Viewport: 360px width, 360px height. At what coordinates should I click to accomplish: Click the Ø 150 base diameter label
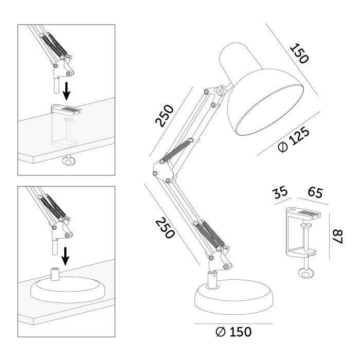[x=233, y=332]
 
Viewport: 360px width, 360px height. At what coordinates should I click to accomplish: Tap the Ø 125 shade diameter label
[x=294, y=140]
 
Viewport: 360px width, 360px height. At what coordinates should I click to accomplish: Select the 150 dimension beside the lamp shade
[x=299, y=53]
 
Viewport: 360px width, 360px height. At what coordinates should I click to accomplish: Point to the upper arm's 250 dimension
[x=165, y=116]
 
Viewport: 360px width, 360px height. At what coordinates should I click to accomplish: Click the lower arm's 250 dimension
[x=165, y=228]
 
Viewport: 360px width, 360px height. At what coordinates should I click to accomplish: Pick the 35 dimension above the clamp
[x=280, y=192]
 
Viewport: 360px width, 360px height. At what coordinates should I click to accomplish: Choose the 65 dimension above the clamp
[x=315, y=192]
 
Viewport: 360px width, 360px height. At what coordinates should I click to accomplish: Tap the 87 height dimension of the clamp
[x=338, y=237]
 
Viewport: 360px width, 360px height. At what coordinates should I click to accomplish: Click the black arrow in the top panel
[x=66, y=92]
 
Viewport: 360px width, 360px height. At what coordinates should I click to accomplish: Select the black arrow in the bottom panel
[x=65, y=256]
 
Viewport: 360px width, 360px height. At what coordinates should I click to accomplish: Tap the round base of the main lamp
[x=234, y=297]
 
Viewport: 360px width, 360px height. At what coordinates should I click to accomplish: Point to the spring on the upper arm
[x=176, y=150]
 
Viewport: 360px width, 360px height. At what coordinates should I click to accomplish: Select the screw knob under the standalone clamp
[x=305, y=273]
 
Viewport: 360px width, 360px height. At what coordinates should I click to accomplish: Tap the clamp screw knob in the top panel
[x=68, y=161]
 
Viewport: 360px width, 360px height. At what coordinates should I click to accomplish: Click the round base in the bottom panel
[x=67, y=290]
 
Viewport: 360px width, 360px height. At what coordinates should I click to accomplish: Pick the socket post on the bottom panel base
[x=55, y=274]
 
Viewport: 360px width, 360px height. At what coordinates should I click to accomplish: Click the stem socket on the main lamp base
[x=213, y=279]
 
